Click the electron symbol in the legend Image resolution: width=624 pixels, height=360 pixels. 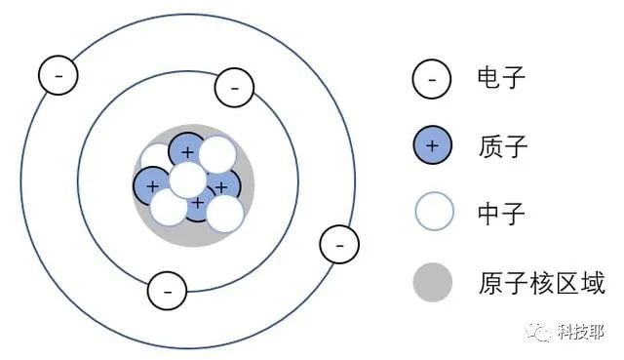coord(432,79)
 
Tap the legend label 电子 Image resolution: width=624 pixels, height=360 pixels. coord(501,77)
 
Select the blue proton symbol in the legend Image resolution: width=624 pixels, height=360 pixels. coord(433,145)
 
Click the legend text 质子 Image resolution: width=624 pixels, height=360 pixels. coord(503,146)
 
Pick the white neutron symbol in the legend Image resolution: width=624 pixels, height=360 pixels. coord(434,212)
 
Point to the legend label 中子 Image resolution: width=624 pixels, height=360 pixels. coord(501,213)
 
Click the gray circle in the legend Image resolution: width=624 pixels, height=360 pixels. coord(433,282)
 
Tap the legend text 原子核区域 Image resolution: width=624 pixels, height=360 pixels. coord(542,283)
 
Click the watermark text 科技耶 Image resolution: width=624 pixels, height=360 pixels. coord(581,332)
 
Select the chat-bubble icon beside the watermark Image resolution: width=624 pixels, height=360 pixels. coord(539,332)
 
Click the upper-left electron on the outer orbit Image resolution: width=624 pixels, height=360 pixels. coord(58,75)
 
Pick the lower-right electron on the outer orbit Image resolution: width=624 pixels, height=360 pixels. coord(339,245)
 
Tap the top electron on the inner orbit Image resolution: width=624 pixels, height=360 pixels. coord(234,88)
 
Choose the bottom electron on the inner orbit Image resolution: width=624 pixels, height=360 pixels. coord(167,291)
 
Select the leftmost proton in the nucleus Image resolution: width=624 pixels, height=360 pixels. coord(151,185)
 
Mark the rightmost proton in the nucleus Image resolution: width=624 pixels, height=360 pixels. coord(224,185)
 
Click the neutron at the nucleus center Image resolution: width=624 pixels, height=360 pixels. coord(188,180)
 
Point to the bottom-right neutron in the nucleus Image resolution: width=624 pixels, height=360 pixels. coord(225,214)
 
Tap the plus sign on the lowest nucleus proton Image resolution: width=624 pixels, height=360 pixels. coord(197,203)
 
